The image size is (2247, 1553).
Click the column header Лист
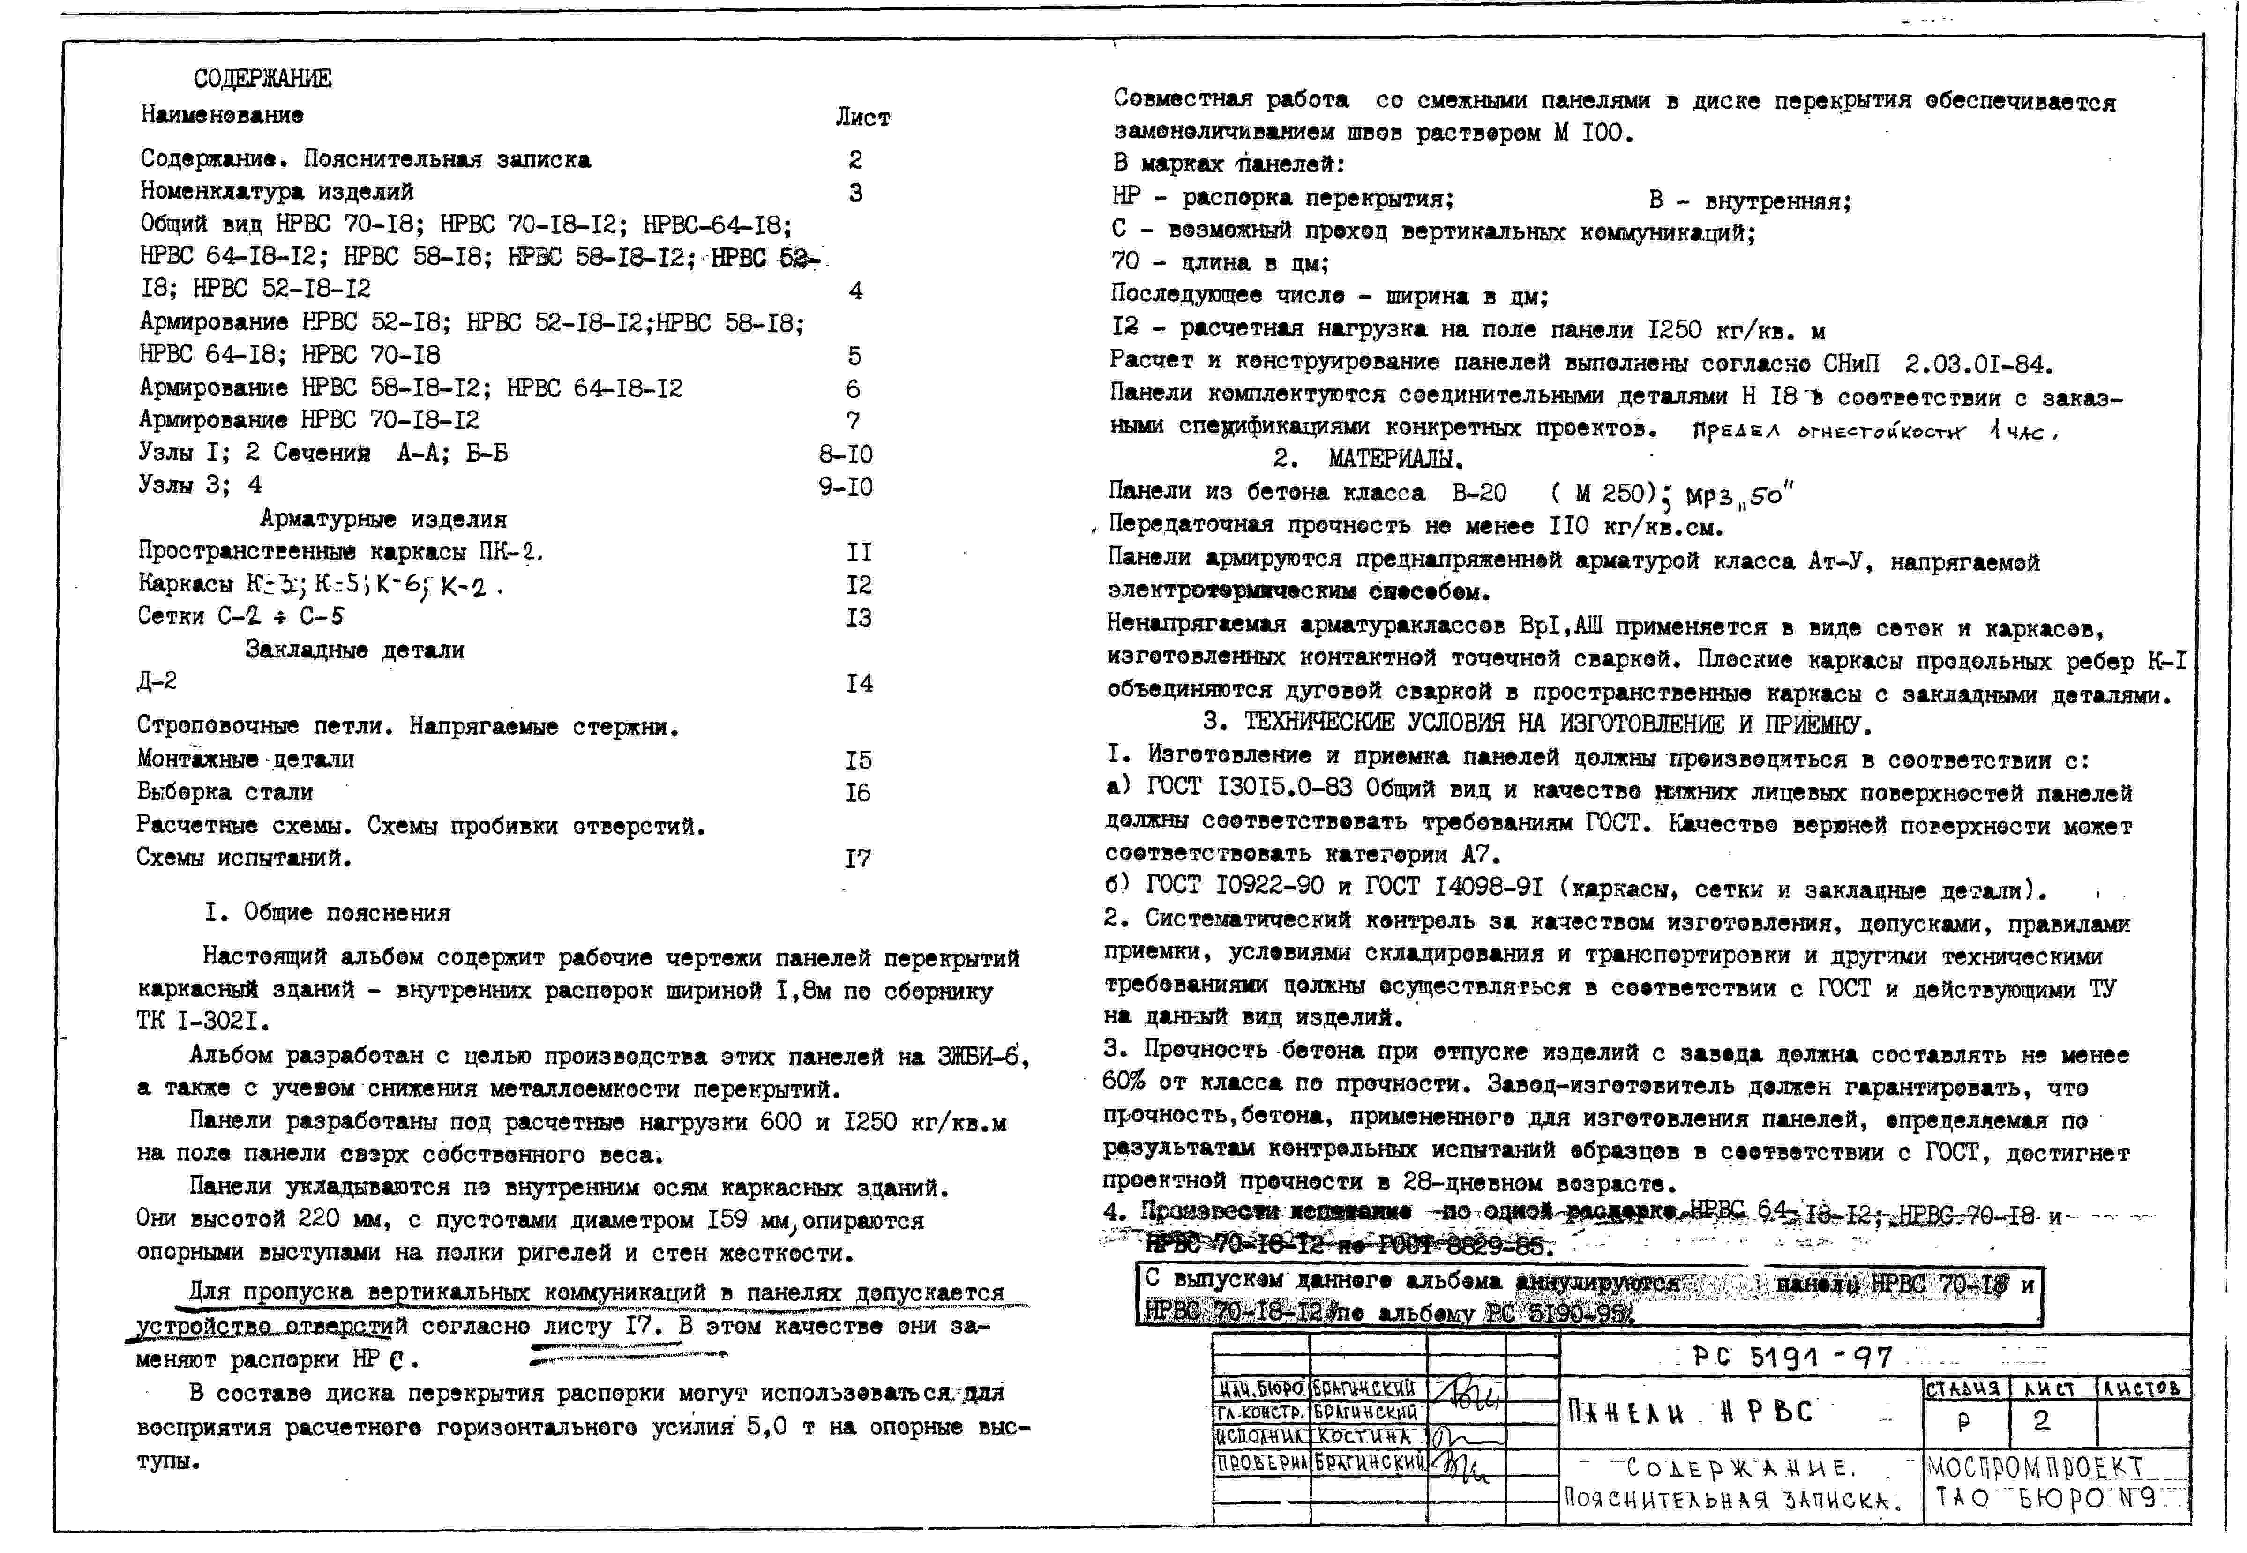pyautogui.click(x=862, y=118)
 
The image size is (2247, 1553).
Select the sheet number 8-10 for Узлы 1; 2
pyautogui.click(x=846, y=455)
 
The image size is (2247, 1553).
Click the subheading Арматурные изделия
pyautogui.click(x=383, y=519)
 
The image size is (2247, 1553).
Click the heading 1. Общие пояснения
pyautogui.click(x=328, y=913)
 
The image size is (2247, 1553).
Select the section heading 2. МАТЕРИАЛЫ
pyautogui.click(x=1368, y=458)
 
